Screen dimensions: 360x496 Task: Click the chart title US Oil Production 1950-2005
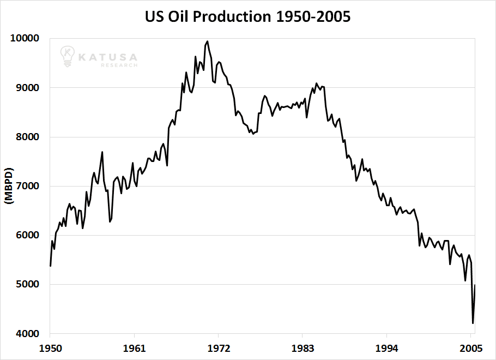(248, 17)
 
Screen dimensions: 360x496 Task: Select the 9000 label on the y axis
(25, 88)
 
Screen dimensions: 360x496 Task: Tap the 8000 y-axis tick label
(25, 137)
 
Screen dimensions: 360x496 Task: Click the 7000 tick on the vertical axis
(25, 186)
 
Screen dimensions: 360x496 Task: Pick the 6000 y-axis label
(25, 236)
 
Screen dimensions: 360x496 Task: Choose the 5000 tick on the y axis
(25, 285)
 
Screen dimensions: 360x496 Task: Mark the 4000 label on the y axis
(25, 334)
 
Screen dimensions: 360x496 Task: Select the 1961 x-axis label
(134, 347)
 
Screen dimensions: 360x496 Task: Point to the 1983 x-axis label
(303, 347)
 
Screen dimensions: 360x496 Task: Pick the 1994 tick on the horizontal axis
(386, 347)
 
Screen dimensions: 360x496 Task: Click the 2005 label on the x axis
(470, 347)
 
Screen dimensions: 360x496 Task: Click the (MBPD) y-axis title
(9, 186)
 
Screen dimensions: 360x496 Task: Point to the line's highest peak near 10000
(207, 41)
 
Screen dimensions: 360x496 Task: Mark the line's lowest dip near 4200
(473, 323)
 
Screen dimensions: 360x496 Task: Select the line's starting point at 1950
(50, 266)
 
